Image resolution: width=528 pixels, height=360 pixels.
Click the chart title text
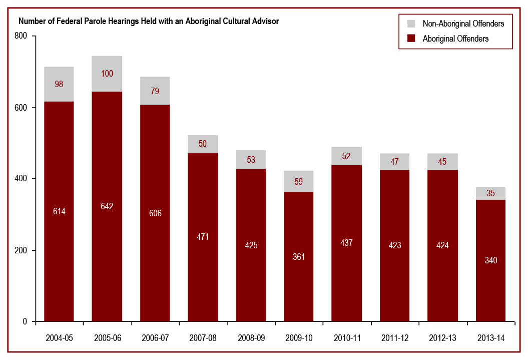(149, 22)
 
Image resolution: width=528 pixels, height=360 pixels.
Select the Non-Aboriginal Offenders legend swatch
(411, 24)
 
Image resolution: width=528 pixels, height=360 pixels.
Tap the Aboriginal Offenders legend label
(455, 39)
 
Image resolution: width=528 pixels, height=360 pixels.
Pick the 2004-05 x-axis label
(59, 338)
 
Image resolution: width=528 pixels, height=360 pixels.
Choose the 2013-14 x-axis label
(490, 338)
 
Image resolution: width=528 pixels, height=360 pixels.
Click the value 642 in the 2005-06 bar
(107, 206)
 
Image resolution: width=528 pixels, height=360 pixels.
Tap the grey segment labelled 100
(107, 74)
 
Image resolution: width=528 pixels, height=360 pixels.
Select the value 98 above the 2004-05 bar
(59, 84)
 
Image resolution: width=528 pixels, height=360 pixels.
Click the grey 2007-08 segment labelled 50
(203, 144)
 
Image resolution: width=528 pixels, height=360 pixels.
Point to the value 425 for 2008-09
(251, 246)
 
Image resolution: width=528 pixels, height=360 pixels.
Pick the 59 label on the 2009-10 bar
(299, 182)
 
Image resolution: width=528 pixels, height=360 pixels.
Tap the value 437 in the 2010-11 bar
(346, 243)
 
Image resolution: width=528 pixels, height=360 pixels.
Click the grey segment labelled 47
(394, 161)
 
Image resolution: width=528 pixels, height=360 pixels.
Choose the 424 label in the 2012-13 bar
(442, 246)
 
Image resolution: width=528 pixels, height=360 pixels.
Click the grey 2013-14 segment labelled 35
(490, 193)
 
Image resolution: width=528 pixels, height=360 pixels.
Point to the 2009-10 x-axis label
(299, 338)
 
